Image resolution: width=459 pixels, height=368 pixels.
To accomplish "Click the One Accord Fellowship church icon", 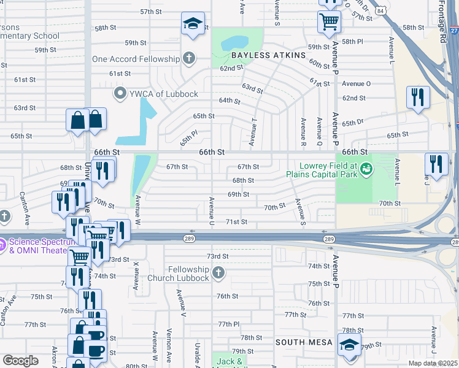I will pos(189,59).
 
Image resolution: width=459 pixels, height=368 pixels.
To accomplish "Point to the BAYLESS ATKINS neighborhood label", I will pos(268,55).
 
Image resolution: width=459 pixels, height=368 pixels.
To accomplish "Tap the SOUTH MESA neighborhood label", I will pos(304,342).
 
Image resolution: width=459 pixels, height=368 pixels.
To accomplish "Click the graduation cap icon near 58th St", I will pos(193,25).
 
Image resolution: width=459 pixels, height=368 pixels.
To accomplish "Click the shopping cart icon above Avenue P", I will pos(330,22).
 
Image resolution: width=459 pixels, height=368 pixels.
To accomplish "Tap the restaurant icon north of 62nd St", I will pos(418,96).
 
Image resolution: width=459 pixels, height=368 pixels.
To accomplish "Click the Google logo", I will pos(20,361).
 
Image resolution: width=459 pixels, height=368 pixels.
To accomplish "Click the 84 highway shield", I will pos(381,11).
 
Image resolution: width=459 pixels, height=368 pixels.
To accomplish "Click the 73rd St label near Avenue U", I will pos(217,256).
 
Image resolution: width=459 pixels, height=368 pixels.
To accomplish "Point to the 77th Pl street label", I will pos(228,324).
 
